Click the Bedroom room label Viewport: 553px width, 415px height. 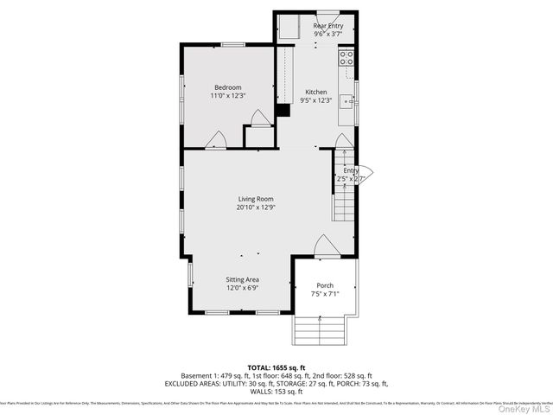[x=228, y=87]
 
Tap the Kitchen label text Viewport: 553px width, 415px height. [x=315, y=92]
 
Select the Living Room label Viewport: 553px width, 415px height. [x=256, y=200]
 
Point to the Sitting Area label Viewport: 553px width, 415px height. [x=243, y=279]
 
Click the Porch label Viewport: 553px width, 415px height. [x=325, y=285]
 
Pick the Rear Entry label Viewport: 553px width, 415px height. [x=327, y=27]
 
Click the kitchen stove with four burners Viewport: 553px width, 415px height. [x=346, y=59]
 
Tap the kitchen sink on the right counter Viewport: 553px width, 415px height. [x=346, y=102]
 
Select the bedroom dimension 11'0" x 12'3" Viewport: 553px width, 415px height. [x=228, y=96]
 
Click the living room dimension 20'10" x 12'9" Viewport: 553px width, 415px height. [x=256, y=207]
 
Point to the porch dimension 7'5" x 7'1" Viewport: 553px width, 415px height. [x=325, y=294]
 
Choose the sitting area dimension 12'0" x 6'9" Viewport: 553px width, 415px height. [x=243, y=288]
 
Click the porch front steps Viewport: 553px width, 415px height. [x=321, y=329]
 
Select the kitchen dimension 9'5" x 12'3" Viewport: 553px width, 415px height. [x=315, y=100]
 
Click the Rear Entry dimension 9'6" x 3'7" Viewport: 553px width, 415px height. [x=327, y=35]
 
